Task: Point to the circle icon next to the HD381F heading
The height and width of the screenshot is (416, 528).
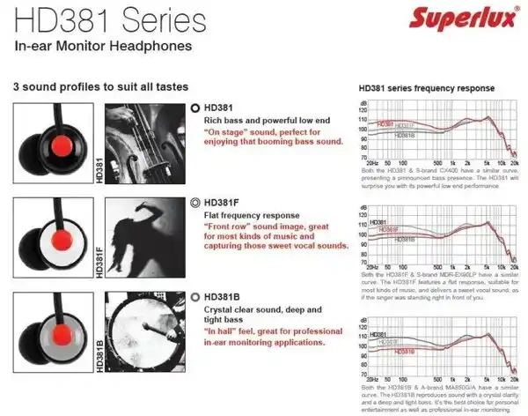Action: pos(194,202)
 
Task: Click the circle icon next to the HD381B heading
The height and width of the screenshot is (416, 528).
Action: pos(194,297)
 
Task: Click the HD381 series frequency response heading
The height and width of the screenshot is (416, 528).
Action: pos(426,89)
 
